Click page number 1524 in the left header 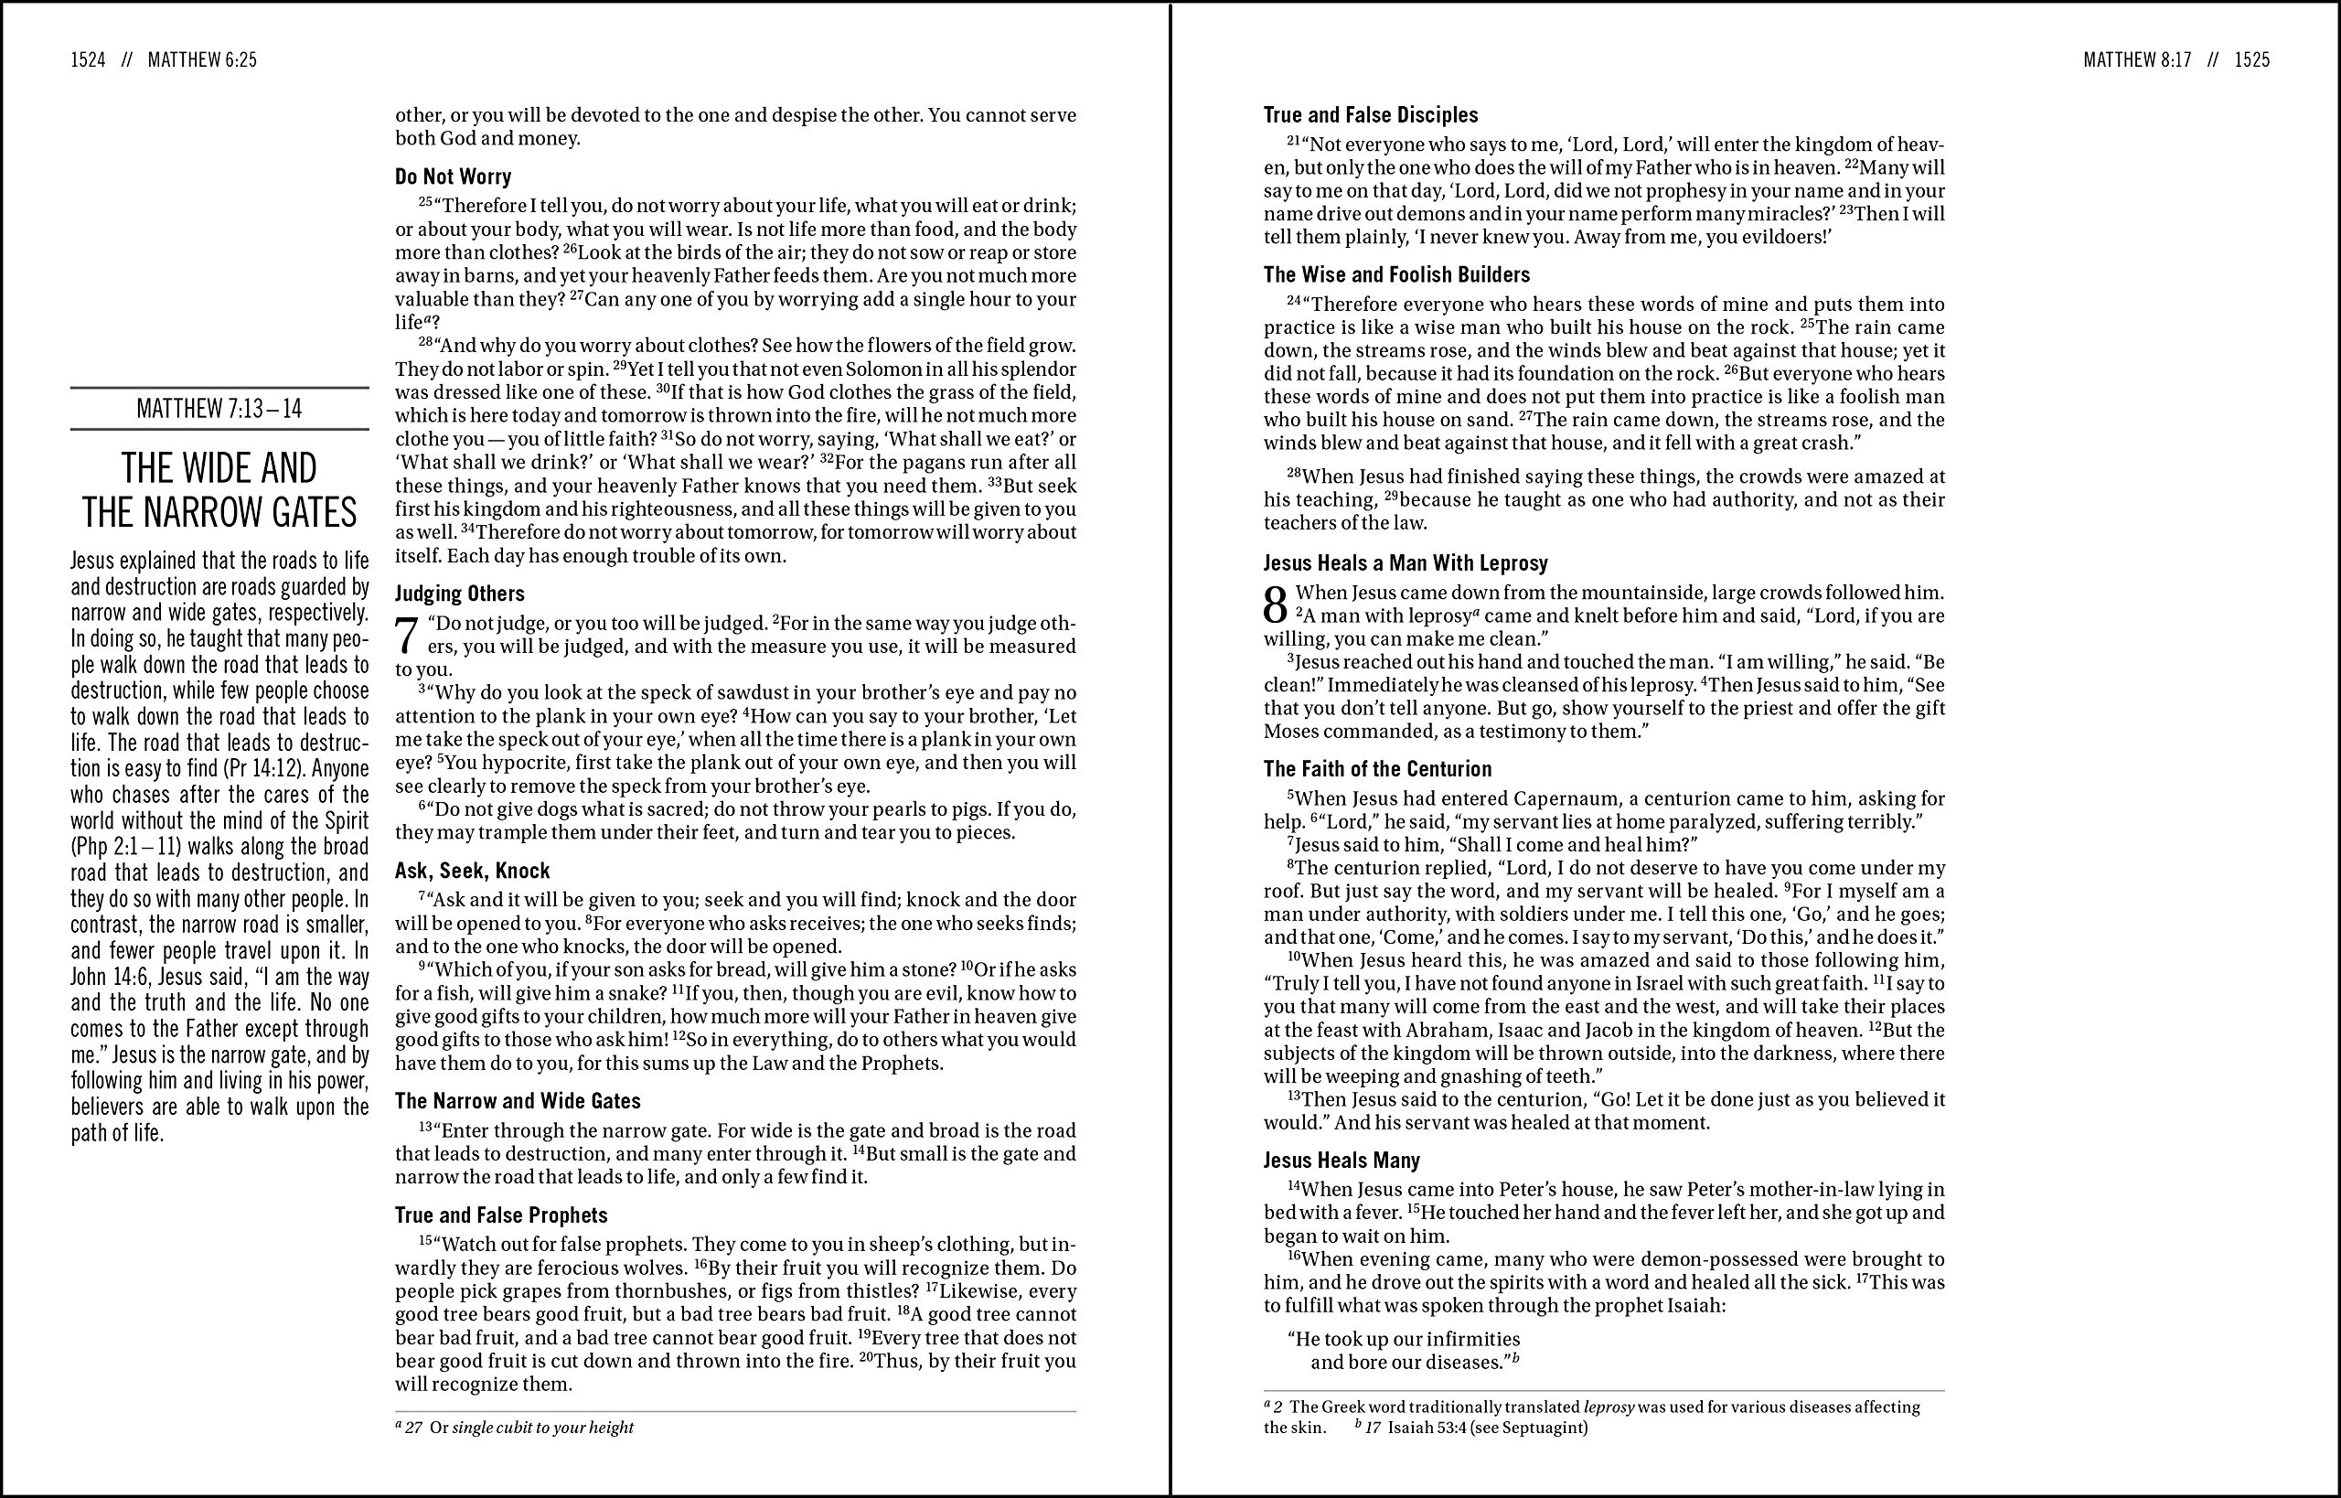coord(88,60)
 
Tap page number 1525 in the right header coord(2251,60)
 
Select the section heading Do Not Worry coord(453,177)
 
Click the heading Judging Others coord(459,594)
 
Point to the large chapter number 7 coord(408,637)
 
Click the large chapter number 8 coord(1275,606)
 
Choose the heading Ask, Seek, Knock coord(472,871)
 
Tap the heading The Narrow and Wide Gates coord(518,1101)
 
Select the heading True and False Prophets coord(501,1214)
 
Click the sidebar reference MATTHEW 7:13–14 coord(219,409)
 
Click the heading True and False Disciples coord(1371,115)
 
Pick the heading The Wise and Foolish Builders coord(1396,274)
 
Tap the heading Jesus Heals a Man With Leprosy coord(1406,563)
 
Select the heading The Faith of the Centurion coord(1377,769)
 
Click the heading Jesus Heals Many coord(1342,1161)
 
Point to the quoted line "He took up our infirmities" coord(1404,1340)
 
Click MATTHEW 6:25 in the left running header coord(202,60)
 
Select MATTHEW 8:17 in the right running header coord(2137,60)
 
